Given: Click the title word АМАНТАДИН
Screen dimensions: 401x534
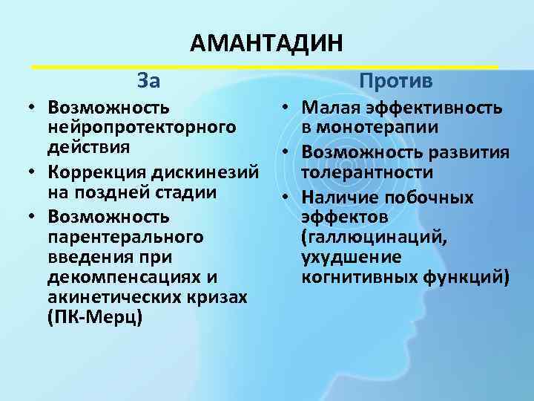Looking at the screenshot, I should (266, 44).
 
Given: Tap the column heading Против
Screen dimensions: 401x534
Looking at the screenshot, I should (397, 80).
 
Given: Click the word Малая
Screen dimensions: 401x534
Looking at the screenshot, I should (329, 108).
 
